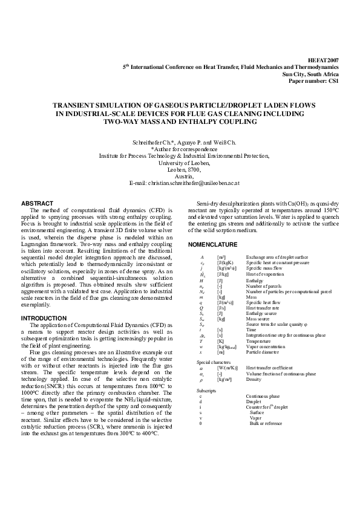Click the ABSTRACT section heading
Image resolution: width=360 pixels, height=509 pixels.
(x=38, y=203)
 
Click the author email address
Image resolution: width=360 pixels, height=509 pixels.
(x=185, y=182)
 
